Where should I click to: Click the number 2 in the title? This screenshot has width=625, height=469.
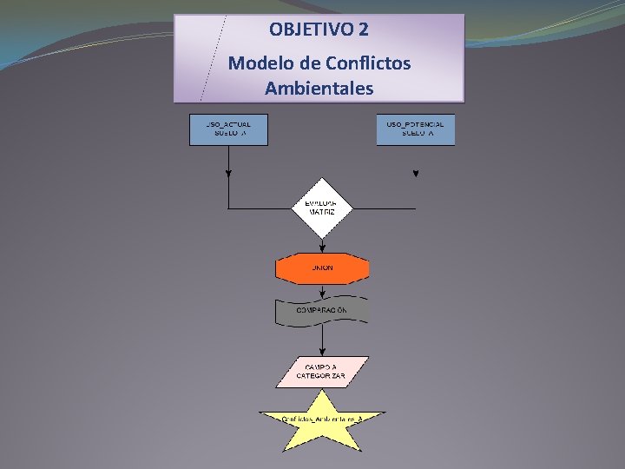click(363, 30)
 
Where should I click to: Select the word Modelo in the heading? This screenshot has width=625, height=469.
click(258, 63)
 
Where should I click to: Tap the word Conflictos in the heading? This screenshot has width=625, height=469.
click(367, 63)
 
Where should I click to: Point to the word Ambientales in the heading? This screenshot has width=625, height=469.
click(319, 89)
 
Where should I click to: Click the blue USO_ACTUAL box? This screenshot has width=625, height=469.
click(228, 129)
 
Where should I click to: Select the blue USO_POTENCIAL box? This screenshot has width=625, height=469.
click(415, 129)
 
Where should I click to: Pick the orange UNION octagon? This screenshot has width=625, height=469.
click(322, 268)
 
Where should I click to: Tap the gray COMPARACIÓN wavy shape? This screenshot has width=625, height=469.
click(322, 310)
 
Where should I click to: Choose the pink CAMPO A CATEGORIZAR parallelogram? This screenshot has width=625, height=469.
click(322, 372)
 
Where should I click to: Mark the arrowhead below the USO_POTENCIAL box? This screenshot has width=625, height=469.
click(416, 174)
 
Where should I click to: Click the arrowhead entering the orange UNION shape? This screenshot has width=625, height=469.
click(322, 251)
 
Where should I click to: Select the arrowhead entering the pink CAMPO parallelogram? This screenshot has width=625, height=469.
click(322, 353)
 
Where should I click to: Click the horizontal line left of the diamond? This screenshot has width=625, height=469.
click(260, 208)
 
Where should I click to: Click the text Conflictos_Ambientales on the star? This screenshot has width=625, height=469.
click(322, 419)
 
